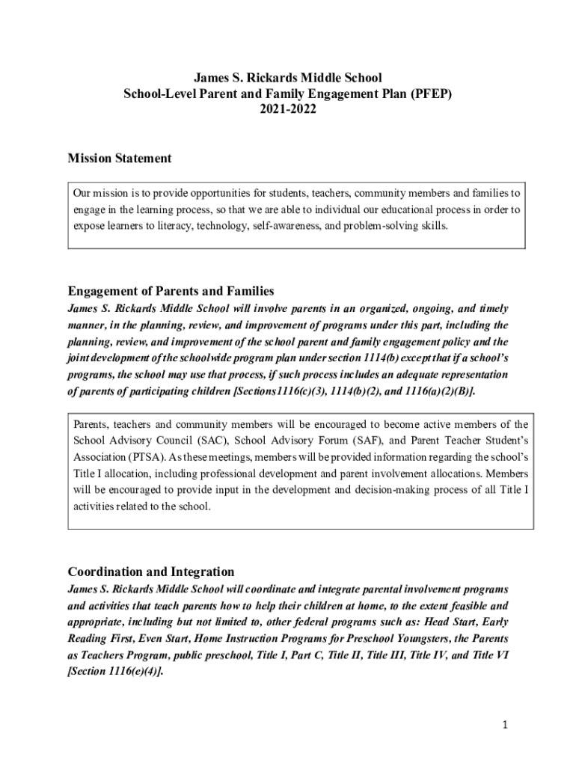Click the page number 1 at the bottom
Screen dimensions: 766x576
pos(505,726)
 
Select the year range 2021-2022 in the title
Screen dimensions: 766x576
pos(288,109)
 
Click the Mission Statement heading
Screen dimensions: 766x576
pos(120,159)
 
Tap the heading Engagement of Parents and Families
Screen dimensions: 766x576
pos(171,291)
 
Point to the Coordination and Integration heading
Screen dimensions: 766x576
pos(151,572)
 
